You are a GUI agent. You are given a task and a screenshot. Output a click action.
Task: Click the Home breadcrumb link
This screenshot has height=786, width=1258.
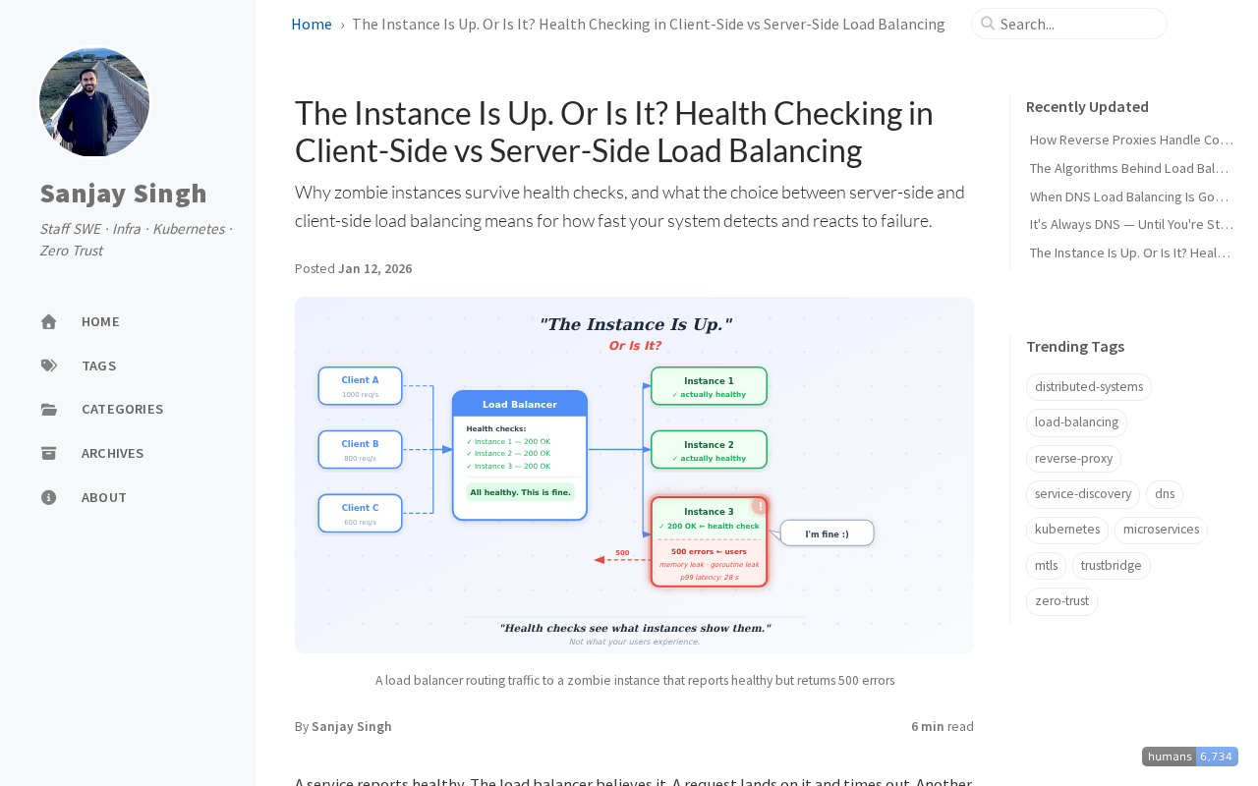pyautogui.click(x=312, y=24)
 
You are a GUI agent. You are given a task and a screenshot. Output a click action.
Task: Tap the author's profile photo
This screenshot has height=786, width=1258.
pyautogui.click(x=94, y=102)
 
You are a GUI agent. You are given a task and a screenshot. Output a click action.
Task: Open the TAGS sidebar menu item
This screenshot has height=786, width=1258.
pyautogui.click(x=98, y=365)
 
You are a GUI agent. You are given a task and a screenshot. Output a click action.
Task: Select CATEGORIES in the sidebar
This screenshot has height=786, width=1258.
pyautogui.click(x=122, y=409)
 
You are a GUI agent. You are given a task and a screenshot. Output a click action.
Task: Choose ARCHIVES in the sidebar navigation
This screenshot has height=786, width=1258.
pyautogui.click(x=112, y=453)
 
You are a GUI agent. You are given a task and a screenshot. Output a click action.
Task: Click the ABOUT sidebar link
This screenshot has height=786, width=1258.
pyautogui.click(x=103, y=497)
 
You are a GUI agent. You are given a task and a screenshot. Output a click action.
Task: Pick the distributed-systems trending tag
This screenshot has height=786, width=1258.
pyautogui.click(x=1089, y=387)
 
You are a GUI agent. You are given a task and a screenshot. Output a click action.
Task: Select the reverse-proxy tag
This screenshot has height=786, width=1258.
pyautogui.click(x=1073, y=459)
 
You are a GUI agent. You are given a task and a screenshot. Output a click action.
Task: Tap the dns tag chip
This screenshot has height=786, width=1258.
pyautogui.click(x=1165, y=494)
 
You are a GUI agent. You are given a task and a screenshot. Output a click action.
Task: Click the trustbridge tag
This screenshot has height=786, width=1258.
pyautogui.click(x=1111, y=566)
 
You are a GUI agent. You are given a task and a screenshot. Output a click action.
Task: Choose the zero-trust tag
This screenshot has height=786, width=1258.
pyautogui.click(x=1061, y=601)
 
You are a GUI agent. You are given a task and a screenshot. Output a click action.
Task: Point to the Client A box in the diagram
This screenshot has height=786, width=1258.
pyautogui.click(x=360, y=385)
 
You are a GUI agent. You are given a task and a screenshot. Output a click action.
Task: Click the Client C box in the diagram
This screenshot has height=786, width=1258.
pyautogui.click(x=360, y=513)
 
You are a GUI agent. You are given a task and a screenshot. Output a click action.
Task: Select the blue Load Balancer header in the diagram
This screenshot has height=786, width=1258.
pyautogui.click(x=520, y=404)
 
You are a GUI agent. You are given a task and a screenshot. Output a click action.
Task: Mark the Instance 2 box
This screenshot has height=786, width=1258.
pyautogui.click(x=709, y=450)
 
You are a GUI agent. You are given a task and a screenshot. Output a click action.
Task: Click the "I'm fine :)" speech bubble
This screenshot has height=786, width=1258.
pyautogui.click(x=827, y=533)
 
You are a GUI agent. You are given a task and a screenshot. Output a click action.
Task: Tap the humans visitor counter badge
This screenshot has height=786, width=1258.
pyautogui.click(x=1189, y=757)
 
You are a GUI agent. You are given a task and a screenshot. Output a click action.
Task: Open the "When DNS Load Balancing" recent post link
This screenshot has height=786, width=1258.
pyautogui.click(x=1129, y=196)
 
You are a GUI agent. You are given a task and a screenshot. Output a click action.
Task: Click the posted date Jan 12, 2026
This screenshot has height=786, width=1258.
pyautogui.click(x=374, y=268)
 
